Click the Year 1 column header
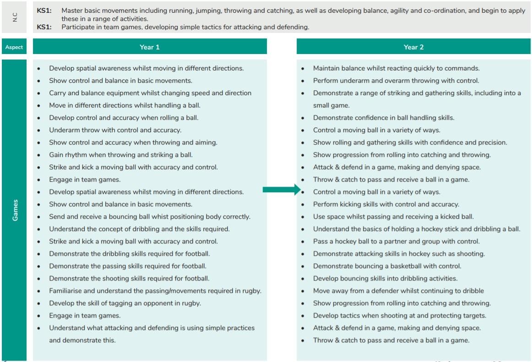click(150, 47)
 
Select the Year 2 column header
click(413, 47)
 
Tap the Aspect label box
click(14, 47)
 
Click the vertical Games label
click(15, 210)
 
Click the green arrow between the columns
click(280, 190)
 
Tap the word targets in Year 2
click(473, 315)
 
